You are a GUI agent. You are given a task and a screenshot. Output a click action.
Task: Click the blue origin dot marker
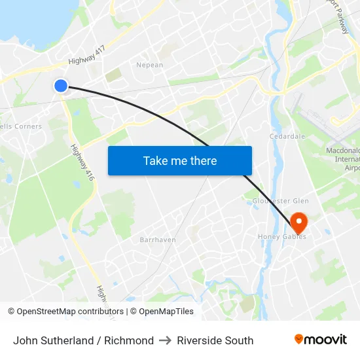60,85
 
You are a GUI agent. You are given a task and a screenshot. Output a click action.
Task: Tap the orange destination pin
298,221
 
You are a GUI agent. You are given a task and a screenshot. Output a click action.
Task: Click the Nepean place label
149,65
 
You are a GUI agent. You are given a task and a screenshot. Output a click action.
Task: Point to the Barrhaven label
157,240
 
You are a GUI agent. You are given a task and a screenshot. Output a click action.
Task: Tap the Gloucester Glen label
281,201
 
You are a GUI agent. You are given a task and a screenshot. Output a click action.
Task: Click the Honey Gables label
282,237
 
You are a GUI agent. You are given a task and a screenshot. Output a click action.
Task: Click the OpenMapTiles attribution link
166,312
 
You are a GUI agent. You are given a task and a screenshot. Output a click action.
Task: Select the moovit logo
320,340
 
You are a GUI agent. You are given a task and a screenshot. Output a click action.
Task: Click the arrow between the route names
165,340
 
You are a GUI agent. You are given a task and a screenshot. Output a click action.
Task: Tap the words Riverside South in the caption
215,340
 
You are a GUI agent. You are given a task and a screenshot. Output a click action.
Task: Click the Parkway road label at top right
340,16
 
